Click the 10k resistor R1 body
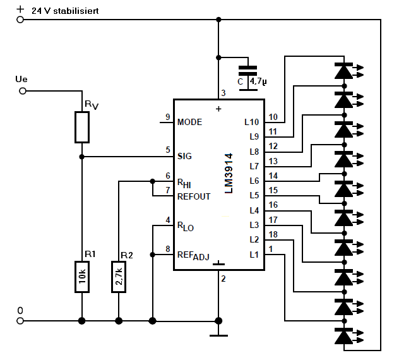[x=82, y=277]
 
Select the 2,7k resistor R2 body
[x=119, y=277]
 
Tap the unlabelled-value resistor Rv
[x=82, y=127]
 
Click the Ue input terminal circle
[x=23, y=91]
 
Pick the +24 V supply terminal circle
[x=20, y=20]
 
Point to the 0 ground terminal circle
[x=20, y=321]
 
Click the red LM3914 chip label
[x=229, y=174]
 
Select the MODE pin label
[x=190, y=122]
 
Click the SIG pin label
[x=184, y=156]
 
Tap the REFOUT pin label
[x=194, y=196]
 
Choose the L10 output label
[x=252, y=122]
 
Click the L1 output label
[x=254, y=255]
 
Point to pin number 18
[x=273, y=234]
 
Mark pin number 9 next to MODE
[x=168, y=117]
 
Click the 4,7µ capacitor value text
[x=258, y=81]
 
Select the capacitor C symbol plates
[x=248, y=71]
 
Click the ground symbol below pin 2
[x=218, y=335]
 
